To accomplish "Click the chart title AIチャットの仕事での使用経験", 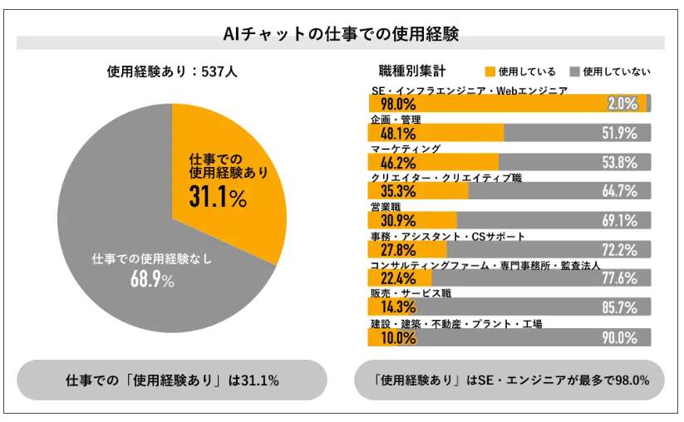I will [341, 34].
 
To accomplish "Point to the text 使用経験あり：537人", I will [172, 71].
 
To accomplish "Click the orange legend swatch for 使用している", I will [490, 71].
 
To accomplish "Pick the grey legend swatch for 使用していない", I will [574, 71].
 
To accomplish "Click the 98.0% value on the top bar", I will [397, 104].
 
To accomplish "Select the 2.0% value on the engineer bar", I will [622, 104].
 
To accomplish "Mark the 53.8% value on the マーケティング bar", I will [619, 162].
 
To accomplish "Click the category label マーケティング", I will [405, 149].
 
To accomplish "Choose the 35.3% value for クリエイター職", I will [397, 191].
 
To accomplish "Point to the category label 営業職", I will [386, 207].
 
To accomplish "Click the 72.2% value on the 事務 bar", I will [619, 249].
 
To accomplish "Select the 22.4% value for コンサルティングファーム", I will [397, 278].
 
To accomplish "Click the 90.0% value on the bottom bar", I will [619, 337].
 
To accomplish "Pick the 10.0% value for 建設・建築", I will [397, 337].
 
